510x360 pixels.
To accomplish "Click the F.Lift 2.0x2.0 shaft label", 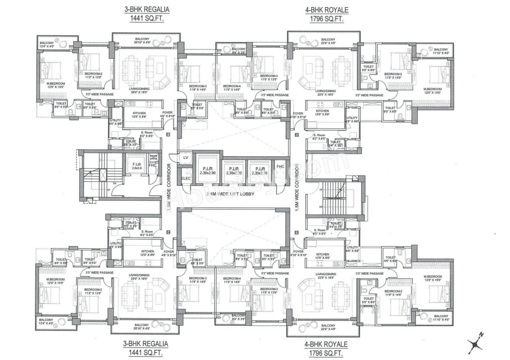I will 137,166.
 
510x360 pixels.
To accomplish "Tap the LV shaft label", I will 186,158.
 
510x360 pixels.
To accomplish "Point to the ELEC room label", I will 186,178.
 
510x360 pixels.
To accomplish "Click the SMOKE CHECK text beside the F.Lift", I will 153,157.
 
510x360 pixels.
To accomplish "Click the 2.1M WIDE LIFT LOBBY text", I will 230,194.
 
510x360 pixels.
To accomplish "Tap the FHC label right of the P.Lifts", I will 280,167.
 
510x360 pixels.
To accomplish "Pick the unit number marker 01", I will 168,134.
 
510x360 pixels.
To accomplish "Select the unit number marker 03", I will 297,233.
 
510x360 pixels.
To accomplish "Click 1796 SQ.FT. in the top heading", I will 326,19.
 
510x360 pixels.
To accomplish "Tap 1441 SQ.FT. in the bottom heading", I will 146,353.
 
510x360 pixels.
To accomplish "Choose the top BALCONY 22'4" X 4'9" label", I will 328,41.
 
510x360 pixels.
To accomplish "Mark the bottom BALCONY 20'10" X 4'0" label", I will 142,327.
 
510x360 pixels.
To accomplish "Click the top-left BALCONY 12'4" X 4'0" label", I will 47,44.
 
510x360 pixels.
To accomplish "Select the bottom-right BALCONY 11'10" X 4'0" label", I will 441,318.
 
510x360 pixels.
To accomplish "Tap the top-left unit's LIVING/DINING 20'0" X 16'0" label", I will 139,90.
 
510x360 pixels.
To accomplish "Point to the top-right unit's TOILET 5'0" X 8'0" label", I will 368,68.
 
